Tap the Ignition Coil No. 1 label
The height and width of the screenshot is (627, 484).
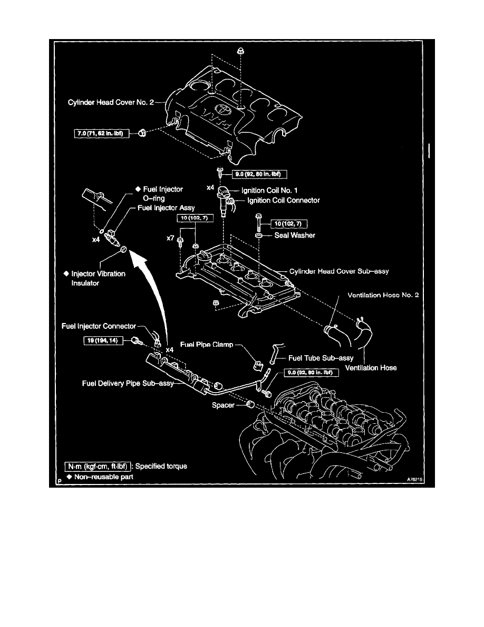tap(270, 189)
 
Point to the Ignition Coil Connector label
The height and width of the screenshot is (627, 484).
tap(284, 201)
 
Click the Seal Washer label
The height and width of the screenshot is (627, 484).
tap(295, 235)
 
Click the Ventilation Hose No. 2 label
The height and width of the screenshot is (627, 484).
tap(383, 295)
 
